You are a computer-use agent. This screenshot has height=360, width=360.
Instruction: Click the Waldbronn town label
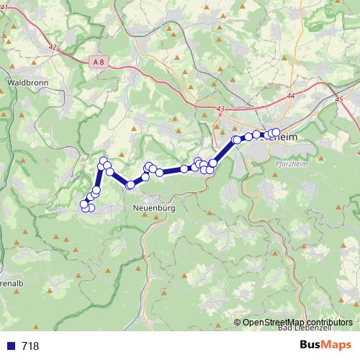click(x=27, y=83)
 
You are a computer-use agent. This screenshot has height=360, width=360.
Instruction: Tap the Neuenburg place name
click(x=155, y=208)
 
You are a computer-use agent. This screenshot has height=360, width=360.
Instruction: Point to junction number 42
click(x=51, y=47)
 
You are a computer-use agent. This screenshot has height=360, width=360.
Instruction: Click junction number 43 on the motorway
click(x=219, y=109)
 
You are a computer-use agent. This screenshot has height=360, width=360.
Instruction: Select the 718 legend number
click(x=30, y=346)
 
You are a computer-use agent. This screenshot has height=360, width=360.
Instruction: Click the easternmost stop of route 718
click(x=276, y=132)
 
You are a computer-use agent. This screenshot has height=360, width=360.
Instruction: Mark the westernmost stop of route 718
click(x=84, y=205)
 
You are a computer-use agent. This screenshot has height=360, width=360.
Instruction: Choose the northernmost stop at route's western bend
click(x=103, y=161)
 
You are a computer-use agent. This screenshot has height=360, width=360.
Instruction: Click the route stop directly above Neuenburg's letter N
click(x=130, y=185)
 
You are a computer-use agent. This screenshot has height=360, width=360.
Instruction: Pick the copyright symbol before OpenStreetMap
click(x=238, y=322)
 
